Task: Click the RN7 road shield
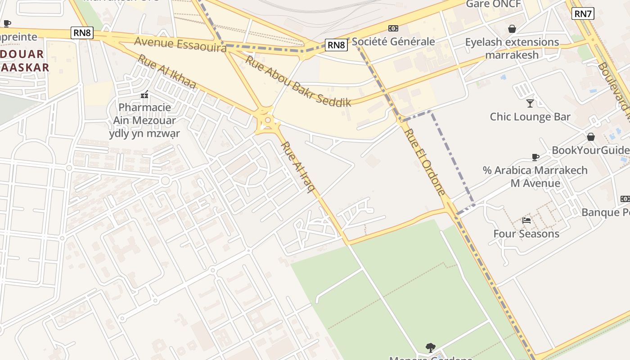pos(583,13)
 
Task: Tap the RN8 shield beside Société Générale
pos(336,45)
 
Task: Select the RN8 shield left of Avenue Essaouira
pos(82,32)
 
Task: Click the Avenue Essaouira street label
pos(180,44)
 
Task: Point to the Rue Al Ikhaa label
pos(167,72)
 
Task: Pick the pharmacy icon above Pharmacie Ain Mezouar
pos(144,95)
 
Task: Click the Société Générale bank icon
pos(393,28)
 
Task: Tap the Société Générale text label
pos(393,41)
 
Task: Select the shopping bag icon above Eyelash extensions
pos(512,29)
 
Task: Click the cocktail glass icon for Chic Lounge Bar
pos(530,103)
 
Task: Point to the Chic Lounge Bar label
pos(530,117)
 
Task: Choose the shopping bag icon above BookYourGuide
pos(590,137)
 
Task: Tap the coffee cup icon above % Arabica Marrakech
pos(535,157)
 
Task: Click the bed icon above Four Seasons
pos(526,220)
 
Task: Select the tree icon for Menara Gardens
pos(430,347)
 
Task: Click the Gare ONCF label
pos(493,4)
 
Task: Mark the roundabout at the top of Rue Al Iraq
pos(268,120)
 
